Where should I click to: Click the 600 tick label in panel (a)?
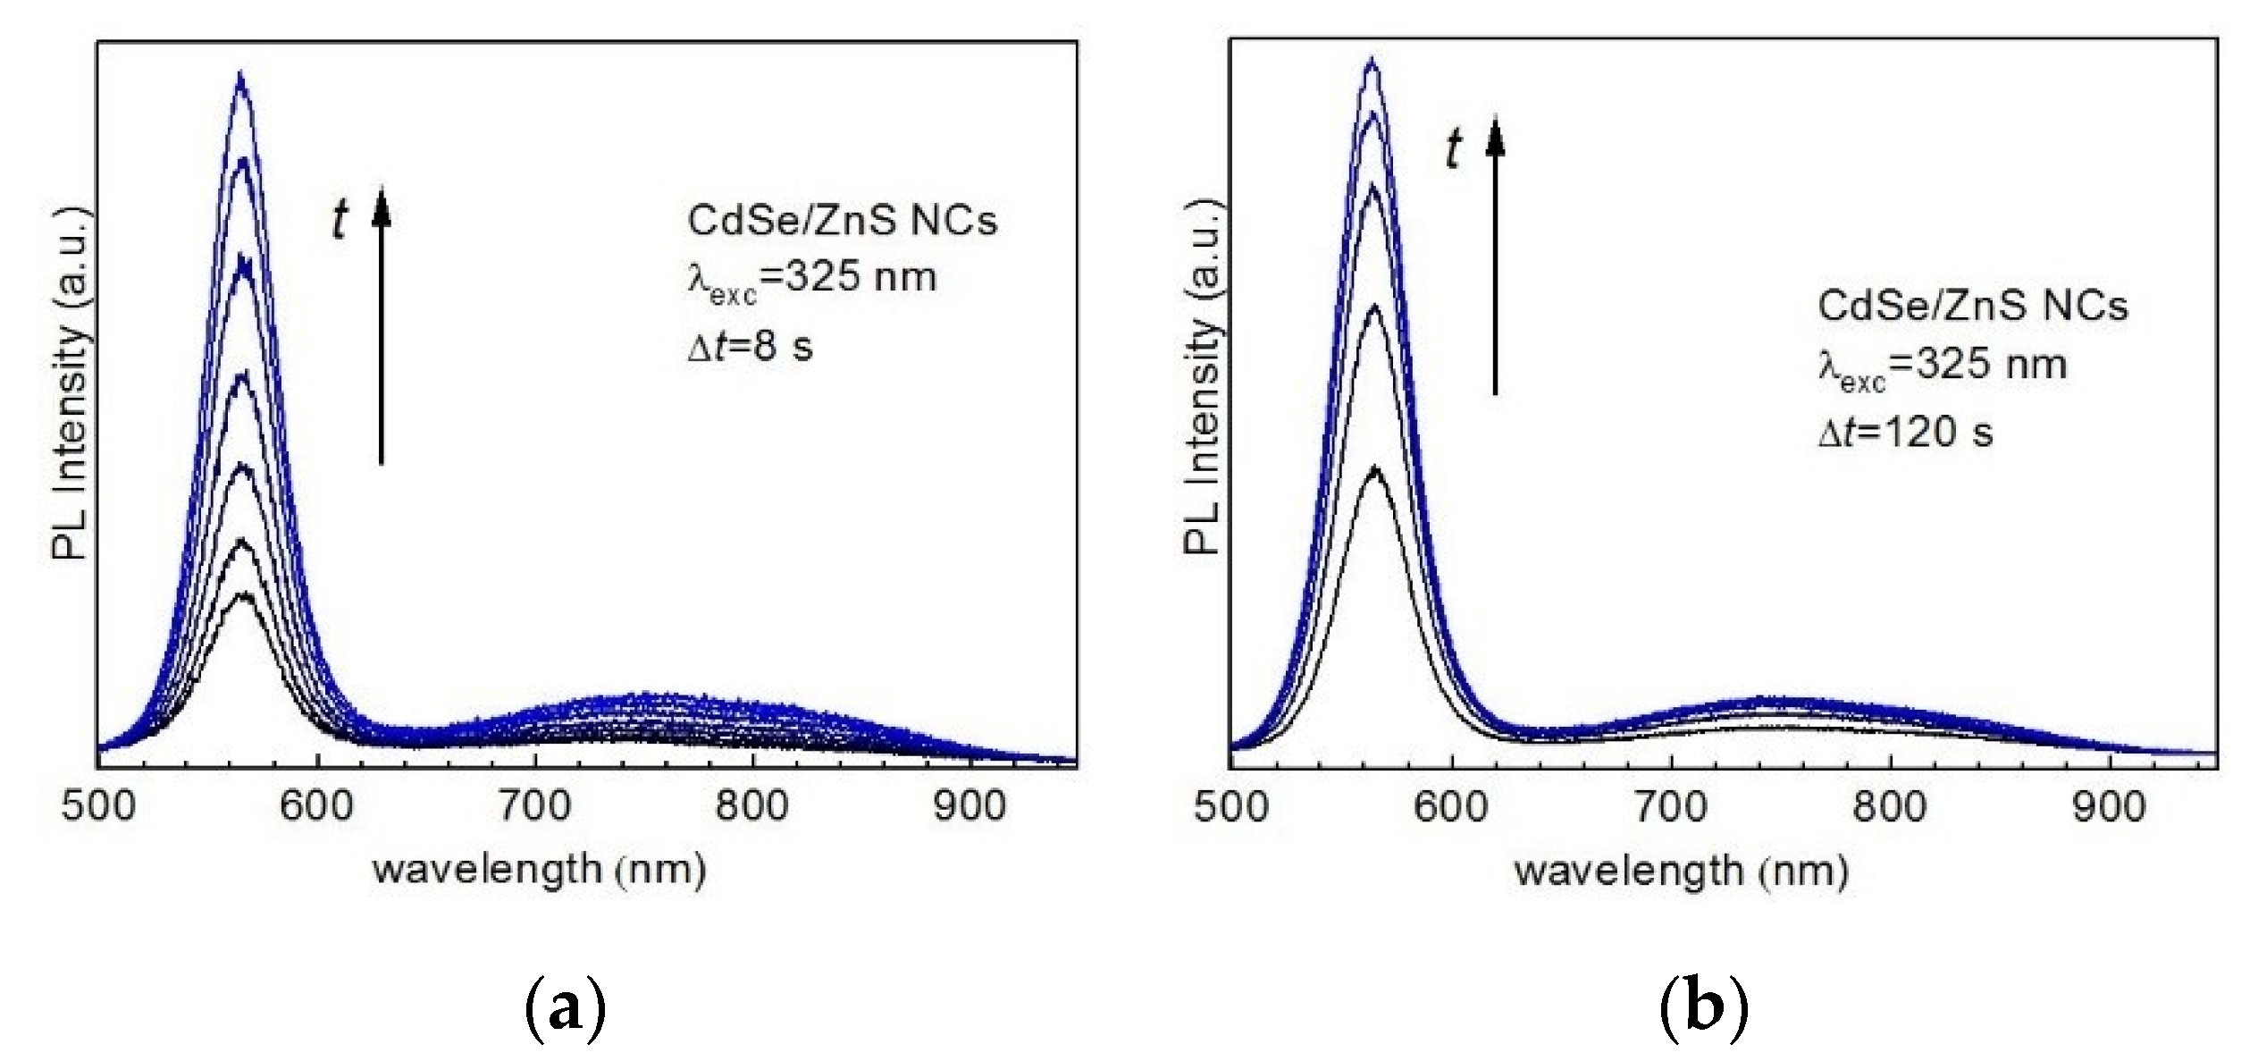316,806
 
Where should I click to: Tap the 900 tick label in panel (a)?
970,806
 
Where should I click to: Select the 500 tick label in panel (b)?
1230,808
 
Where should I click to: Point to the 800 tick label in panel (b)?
1888,808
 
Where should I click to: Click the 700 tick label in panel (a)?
534,806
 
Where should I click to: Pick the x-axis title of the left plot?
540,869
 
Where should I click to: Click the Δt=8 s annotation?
751,347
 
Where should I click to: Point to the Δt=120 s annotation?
1905,433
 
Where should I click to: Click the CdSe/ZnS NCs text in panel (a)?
842,221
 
